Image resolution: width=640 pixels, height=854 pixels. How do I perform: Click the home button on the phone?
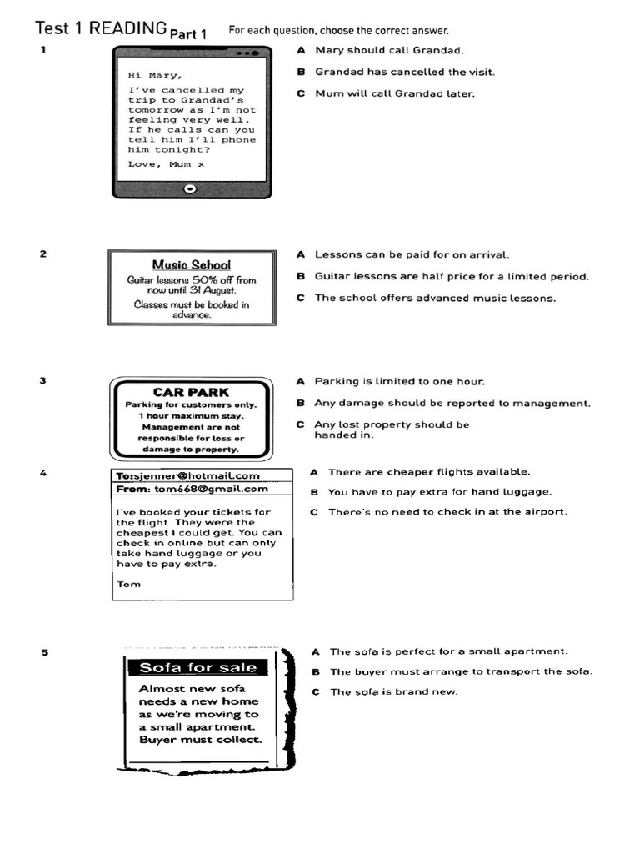pos(191,188)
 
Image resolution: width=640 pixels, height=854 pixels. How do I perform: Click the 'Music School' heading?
pos(191,264)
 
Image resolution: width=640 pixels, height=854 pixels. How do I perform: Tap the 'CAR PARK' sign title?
pos(191,392)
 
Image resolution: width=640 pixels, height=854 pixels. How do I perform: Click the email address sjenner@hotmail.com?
pos(201,475)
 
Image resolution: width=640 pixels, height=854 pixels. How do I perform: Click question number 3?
pos(42,381)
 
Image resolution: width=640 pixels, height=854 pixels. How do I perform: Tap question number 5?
pos(44,652)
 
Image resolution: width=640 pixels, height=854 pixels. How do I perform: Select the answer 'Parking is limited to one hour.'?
pos(399,381)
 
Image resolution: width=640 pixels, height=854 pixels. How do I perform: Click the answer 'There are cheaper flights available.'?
pos(428,471)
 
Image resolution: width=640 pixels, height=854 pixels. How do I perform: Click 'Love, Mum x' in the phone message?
pos(166,164)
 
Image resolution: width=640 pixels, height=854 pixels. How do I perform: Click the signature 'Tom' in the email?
pos(129,584)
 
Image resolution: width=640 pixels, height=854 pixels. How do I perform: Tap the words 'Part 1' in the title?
pos(188,34)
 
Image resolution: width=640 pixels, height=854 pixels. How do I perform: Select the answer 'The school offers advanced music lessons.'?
pos(434,298)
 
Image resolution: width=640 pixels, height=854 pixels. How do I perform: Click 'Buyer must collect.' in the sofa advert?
pos(200,740)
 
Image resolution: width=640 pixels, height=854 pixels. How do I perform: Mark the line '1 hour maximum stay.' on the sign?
pos(191,415)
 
